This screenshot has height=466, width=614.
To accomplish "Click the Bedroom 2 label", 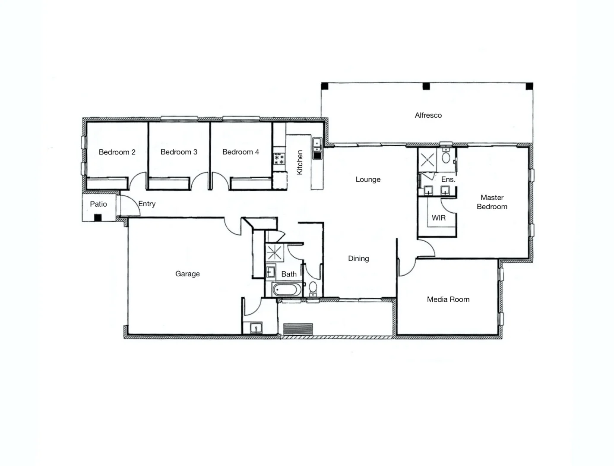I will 117,152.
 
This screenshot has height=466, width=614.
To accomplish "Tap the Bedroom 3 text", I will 179,152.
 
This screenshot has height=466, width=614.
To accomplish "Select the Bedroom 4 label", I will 241,152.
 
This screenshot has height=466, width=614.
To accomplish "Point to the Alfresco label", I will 428,115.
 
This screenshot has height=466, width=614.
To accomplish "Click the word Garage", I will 187,274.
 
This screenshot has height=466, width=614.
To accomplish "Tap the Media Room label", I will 448,299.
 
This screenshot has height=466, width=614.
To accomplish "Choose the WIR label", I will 438,218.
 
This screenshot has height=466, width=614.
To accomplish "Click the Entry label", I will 147,204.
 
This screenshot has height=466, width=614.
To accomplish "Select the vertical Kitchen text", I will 300,163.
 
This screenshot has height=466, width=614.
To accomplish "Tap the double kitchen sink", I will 317,148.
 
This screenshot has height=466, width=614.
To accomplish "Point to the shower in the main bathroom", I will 274,252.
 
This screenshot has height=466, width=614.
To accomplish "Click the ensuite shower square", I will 427,160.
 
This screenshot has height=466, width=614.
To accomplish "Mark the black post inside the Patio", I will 98,218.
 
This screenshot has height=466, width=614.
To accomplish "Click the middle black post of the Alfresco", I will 426,86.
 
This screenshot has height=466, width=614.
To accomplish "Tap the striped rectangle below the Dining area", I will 298,329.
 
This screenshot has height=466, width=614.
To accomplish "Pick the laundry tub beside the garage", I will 256,328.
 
